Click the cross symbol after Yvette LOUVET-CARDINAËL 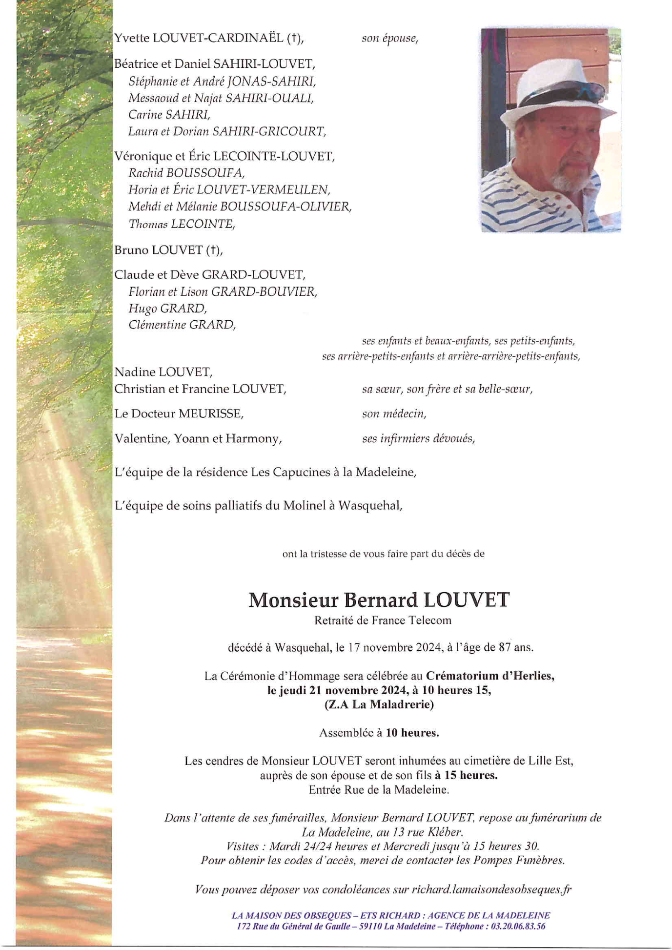[294, 38]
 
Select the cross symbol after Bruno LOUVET [213, 250]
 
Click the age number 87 [505, 648]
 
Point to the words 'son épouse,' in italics [390, 39]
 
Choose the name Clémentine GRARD [182, 325]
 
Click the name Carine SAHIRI [169, 115]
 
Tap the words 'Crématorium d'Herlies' [489, 676]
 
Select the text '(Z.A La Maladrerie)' [379, 704]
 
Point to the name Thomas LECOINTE [182, 224]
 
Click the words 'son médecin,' [394, 414]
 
